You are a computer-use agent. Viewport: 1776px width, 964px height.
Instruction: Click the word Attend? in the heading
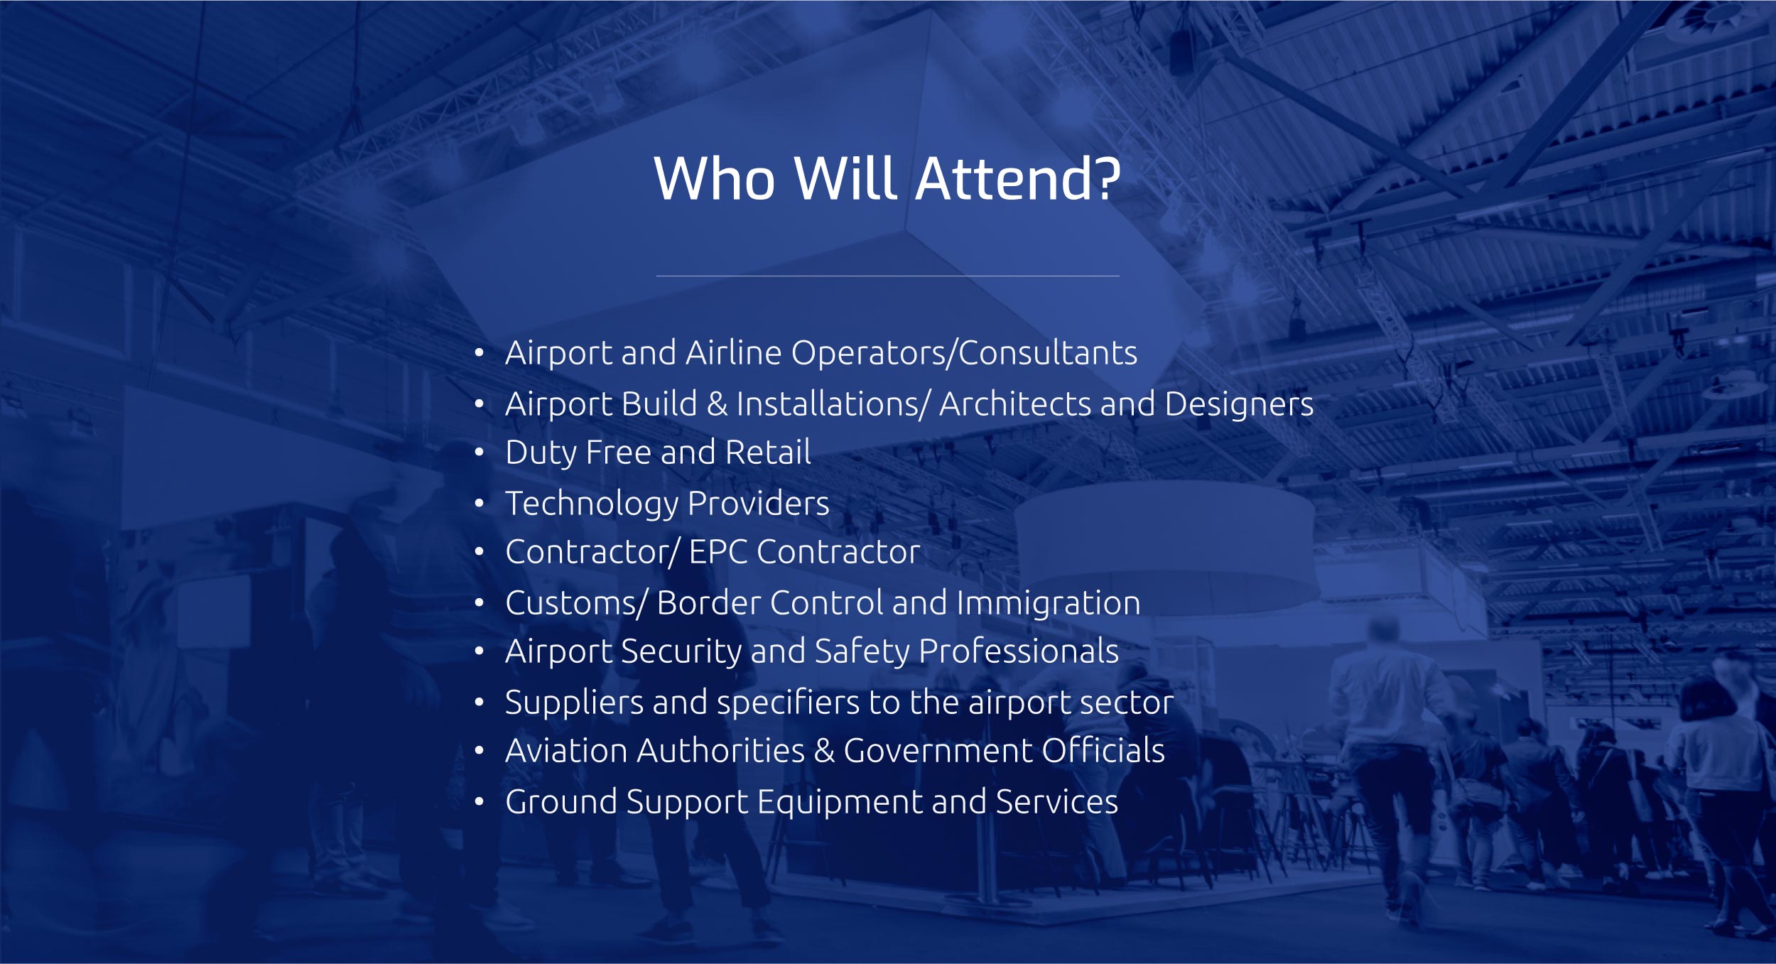(1018, 178)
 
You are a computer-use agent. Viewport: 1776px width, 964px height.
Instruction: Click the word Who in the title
(715, 178)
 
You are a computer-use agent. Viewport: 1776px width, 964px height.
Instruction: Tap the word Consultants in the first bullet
(1048, 353)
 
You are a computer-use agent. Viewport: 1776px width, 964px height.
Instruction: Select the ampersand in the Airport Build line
(717, 404)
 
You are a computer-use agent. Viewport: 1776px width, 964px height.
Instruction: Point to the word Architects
(1014, 404)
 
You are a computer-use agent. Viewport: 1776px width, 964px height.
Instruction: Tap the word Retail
(768, 453)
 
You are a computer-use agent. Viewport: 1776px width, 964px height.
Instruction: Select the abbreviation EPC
(718, 552)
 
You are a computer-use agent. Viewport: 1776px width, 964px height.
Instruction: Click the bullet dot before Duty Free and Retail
(480, 453)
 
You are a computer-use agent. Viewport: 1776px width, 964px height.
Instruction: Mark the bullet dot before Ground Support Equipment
(480, 802)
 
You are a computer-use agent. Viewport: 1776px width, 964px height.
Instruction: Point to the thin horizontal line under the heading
(888, 276)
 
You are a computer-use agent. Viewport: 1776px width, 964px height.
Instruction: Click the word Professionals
(1019, 651)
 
